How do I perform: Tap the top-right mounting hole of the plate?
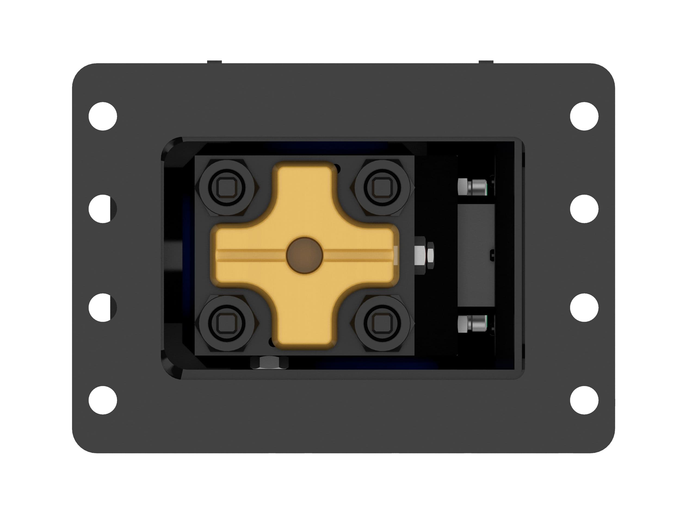point(584,116)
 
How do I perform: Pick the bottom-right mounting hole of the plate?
point(584,400)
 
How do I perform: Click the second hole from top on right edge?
point(584,209)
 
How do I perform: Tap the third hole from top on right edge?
point(584,307)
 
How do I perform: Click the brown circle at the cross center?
point(304,255)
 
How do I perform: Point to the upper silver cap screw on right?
point(472,187)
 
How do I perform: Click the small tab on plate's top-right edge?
point(486,62)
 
